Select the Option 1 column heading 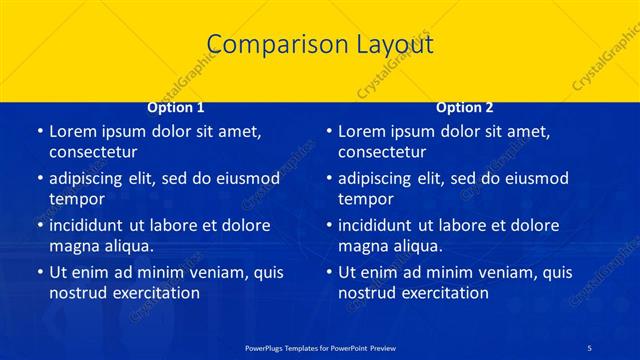pos(176,107)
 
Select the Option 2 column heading pos(465,107)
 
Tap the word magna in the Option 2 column pos(365,247)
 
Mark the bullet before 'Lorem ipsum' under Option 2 pos(328,131)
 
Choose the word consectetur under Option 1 pos(93,153)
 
